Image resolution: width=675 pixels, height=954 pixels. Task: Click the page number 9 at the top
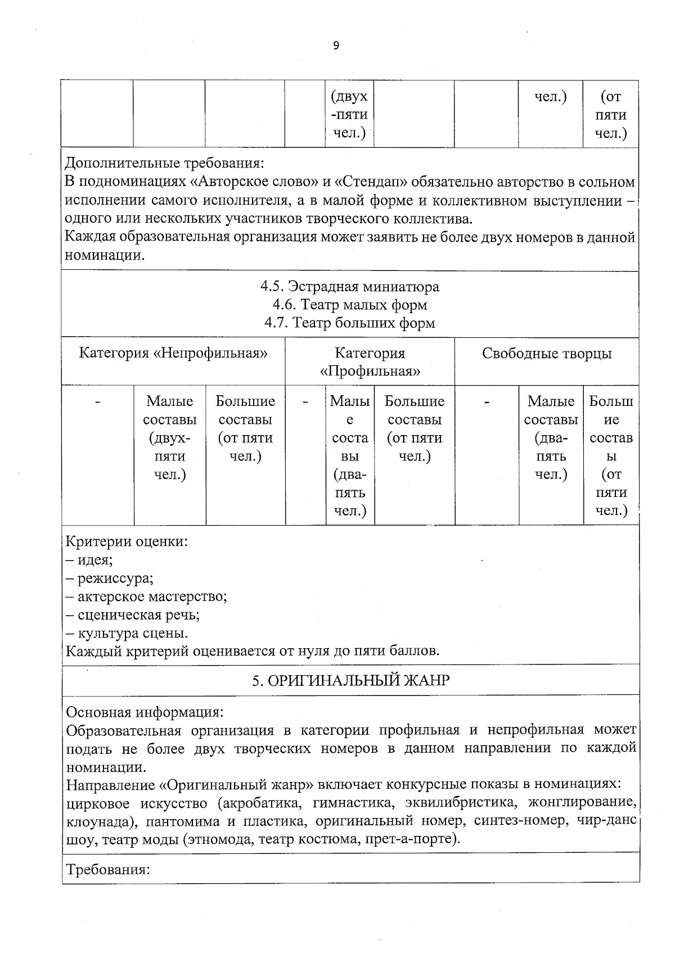click(336, 46)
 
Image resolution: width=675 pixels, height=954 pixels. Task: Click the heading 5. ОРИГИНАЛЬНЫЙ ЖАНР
click(350, 680)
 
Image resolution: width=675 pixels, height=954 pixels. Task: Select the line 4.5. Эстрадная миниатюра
click(349, 286)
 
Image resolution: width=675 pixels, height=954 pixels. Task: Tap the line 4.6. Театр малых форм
click(349, 305)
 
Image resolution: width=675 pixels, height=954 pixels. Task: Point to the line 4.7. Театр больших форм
click(349, 323)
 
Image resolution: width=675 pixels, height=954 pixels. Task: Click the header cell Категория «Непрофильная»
click(173, 353)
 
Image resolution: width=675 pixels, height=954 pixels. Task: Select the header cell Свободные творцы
click(546, 353)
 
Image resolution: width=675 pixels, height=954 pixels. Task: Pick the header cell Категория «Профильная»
click(370, 362)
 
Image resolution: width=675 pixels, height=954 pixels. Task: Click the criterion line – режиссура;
click(110, 578)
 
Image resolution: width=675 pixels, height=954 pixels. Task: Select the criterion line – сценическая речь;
click(133, 614)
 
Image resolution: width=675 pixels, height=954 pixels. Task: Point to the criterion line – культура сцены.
click(127, 633)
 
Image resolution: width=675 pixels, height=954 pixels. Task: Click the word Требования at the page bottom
click(107, 870)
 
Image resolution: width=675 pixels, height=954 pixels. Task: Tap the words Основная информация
click(145, 712)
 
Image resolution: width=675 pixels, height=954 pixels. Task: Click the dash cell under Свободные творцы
click(487, 402)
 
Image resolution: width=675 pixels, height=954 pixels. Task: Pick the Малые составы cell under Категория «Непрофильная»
click(170, 437)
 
